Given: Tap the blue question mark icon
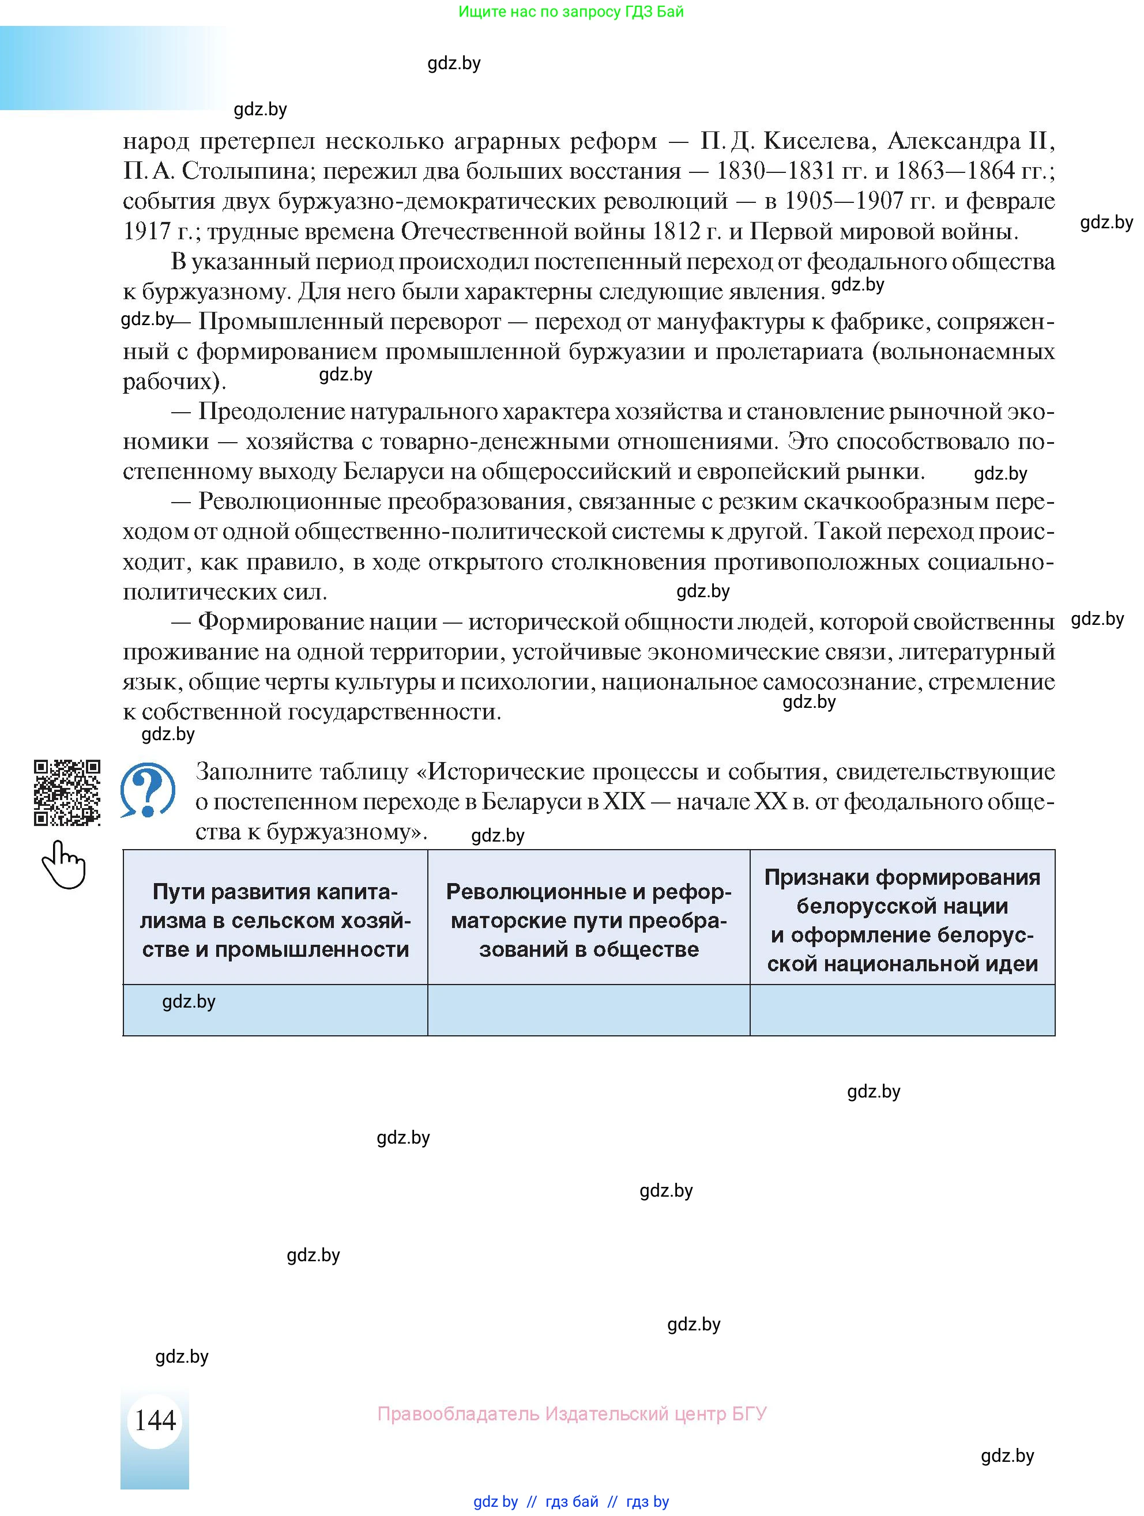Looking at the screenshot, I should (148, 790).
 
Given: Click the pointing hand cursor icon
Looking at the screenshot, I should (65, 864).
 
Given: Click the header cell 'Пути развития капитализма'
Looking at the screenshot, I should (275, 920).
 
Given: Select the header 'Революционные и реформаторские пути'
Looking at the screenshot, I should (588, 920).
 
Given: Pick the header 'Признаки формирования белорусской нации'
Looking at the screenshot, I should (901, 920).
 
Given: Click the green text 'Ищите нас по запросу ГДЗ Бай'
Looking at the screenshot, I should (571, 12).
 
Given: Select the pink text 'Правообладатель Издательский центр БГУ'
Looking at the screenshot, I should (571, 1413).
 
